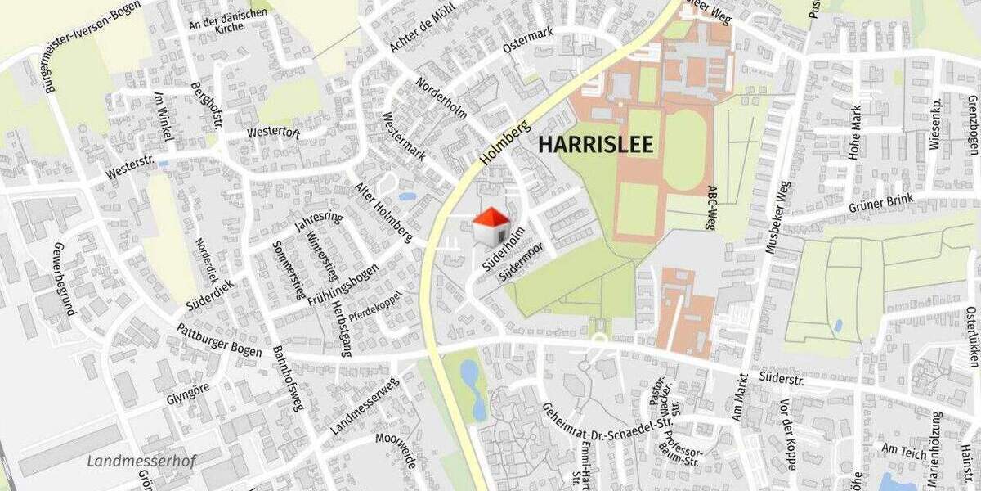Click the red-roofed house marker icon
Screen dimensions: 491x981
point(491,226)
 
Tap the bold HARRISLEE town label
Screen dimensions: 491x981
point(596,145)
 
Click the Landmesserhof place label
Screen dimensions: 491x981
point(141,461)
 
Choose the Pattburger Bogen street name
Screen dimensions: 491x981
point(220,340)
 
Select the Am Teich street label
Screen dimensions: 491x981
point(902,449)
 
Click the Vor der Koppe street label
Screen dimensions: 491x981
point(789,432)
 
